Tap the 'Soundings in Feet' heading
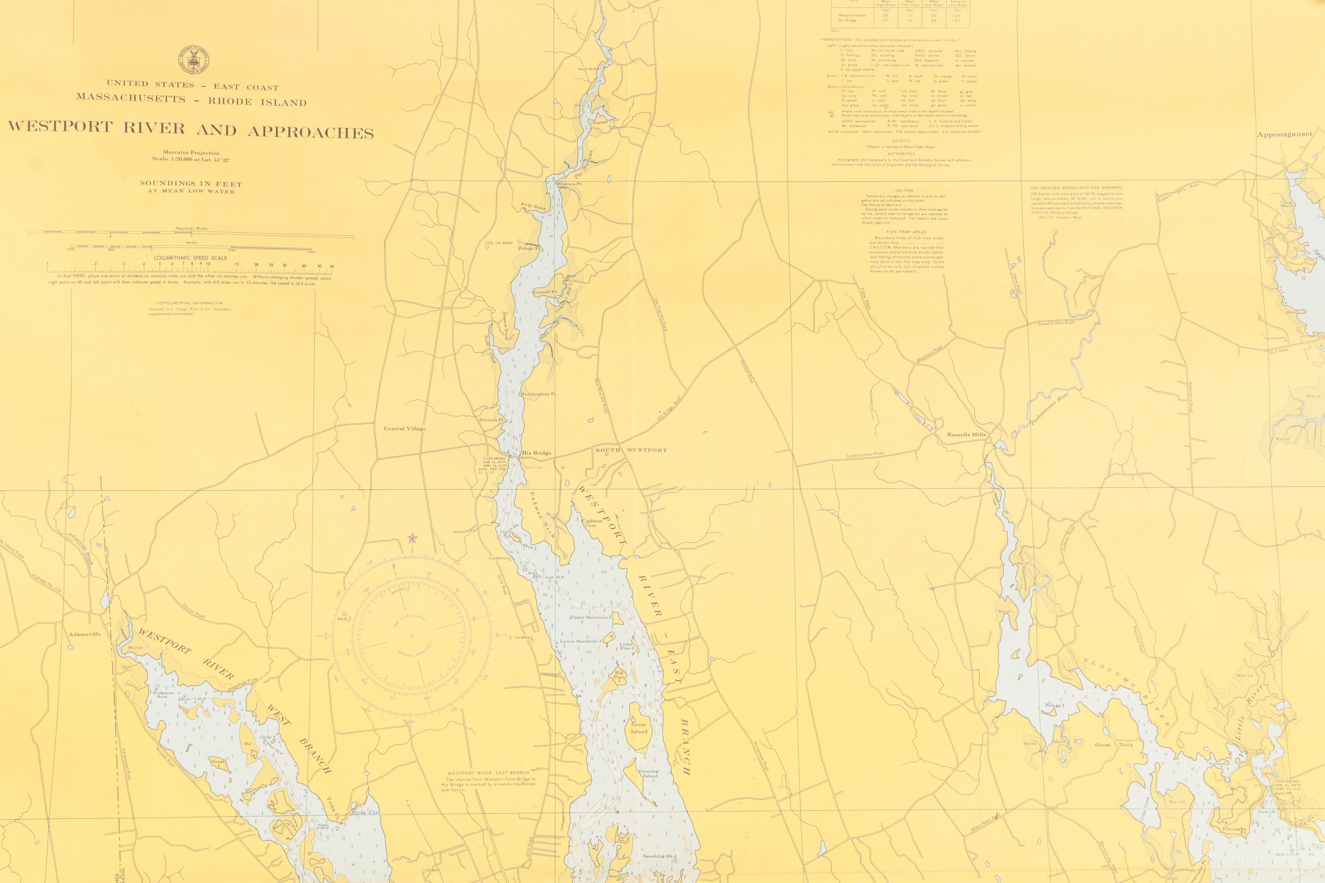coord(191,184)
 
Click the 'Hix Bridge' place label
coord(536,453)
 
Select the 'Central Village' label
coord(405,428)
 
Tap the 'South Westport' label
coord(631,450)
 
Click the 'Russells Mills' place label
coord(966,435)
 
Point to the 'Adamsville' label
coord(85,634)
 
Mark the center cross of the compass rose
coord(412,636)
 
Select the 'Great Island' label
coord(639,728)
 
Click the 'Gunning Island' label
coord(648,773)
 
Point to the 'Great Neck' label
coord(1114,744)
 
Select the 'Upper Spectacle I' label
coord(590,617)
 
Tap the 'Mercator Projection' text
coord(191,152)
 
